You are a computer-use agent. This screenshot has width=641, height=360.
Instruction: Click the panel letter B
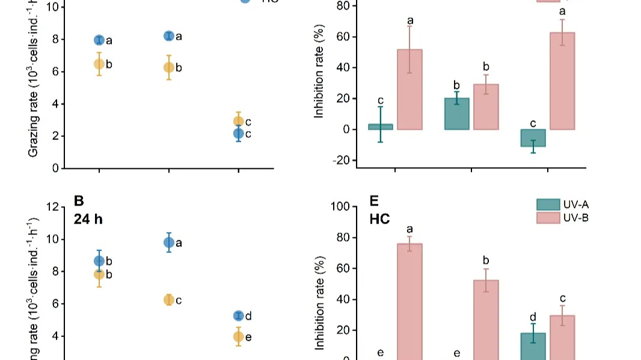(x=78, y=201)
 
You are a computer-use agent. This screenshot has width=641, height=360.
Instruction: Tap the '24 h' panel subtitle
(x=88, y=219)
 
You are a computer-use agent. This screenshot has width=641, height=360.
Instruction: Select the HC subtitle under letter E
(x=379, y=219)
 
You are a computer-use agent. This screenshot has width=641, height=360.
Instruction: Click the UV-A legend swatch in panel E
(x=547, y=204)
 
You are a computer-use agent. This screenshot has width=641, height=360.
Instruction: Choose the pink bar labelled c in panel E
(x=562, y=337)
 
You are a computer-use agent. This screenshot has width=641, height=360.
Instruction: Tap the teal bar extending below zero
(x=533, y=138)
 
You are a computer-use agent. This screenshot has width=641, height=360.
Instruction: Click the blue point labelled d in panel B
(x=238, y=316)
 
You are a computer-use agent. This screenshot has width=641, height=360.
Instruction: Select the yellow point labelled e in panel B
(x=238, y=337)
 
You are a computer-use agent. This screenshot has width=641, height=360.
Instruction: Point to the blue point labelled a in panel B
(x=169, y=243)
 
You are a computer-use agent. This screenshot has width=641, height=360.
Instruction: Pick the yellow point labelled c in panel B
(x=169, y=300)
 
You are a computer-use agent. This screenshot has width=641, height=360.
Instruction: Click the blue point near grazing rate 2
(x=238, y=133)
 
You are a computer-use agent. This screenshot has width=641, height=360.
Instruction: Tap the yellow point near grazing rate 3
(x=238, y=121)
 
